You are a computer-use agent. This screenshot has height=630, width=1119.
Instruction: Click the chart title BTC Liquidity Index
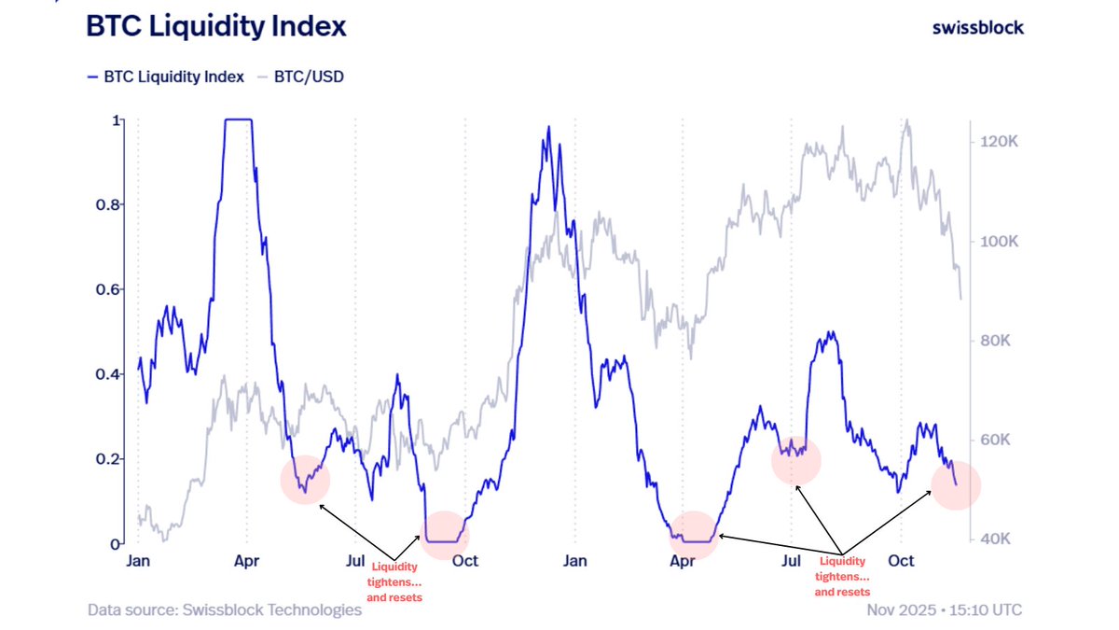(215, 26)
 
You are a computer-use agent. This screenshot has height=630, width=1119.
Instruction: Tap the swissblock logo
(977, 27)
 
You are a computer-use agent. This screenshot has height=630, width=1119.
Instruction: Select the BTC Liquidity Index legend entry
(165, 77)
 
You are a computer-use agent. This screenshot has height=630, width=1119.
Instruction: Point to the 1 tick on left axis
(116, 120)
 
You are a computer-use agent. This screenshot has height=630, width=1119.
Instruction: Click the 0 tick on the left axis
(116, 543)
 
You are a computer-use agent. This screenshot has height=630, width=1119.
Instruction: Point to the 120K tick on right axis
(995, 141)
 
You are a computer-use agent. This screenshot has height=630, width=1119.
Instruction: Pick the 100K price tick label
(995, 241)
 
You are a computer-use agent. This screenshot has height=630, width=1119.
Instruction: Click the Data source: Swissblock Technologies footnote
(224, 609)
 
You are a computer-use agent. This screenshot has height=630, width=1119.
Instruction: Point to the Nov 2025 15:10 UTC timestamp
(943, 609)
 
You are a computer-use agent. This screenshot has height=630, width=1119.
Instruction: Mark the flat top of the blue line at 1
(238, 119)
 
